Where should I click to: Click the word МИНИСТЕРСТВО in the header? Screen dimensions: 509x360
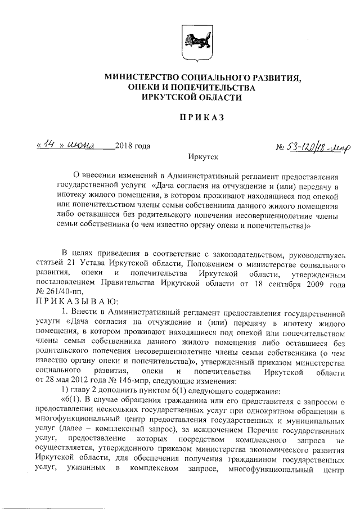137,77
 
